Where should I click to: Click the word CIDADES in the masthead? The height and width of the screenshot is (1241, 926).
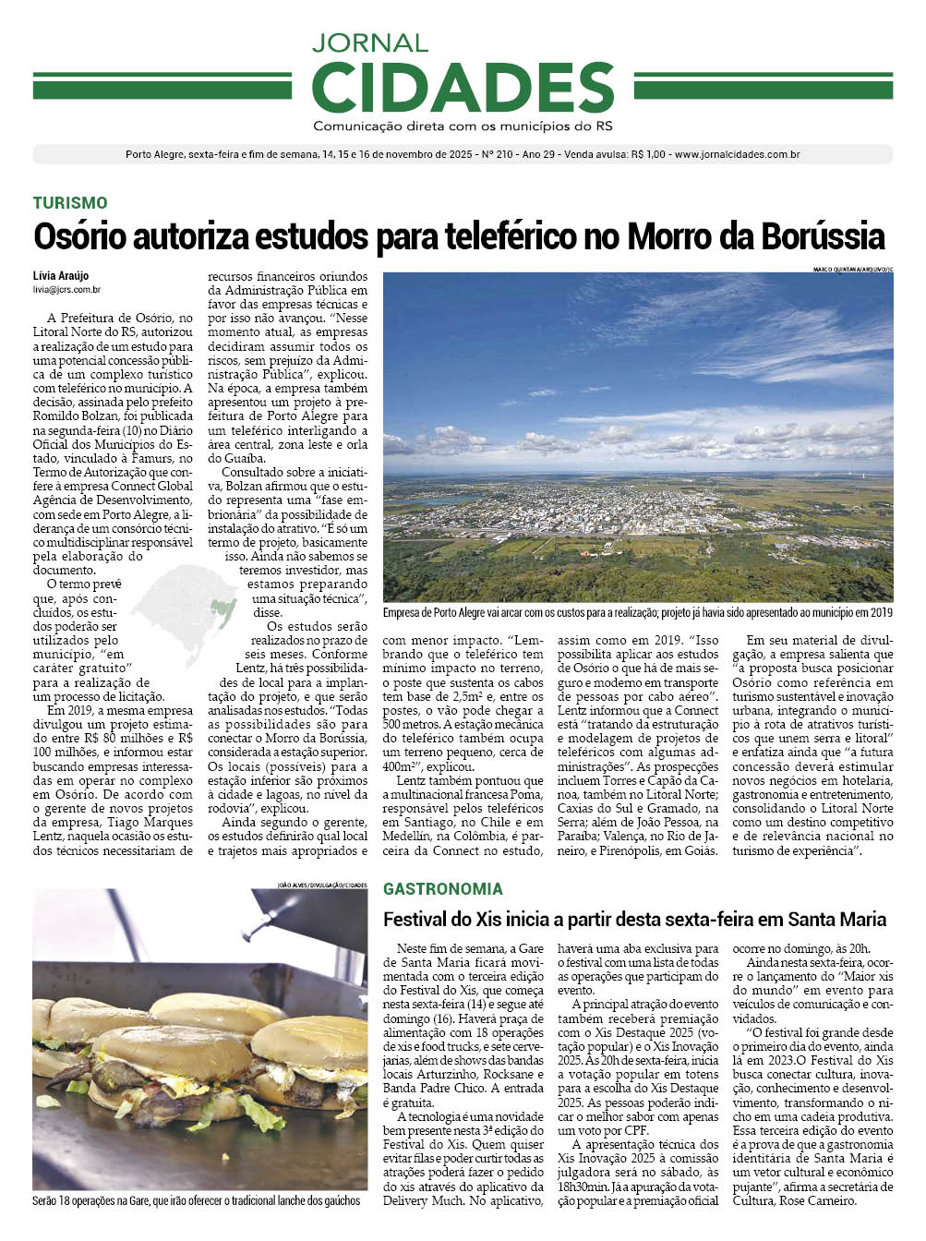(463, 87)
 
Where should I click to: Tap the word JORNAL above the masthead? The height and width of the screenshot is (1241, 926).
(369, 42)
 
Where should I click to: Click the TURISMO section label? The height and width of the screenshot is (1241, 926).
(70, 203)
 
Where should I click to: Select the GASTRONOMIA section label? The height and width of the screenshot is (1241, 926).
(443, 889)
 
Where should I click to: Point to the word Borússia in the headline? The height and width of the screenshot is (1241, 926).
(823, 237)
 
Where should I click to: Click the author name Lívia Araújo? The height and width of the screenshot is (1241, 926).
(61, 276)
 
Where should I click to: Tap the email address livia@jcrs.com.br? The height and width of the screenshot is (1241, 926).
(66, 290)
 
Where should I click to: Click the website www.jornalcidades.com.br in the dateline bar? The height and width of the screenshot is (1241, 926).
(737, 154)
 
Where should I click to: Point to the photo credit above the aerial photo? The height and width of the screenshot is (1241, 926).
(853, 269)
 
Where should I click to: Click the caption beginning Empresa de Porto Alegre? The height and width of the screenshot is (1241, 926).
(637, 612)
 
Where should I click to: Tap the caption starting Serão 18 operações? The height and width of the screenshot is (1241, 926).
(196, 1201)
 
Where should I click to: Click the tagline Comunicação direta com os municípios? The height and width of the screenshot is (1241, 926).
(463, 126)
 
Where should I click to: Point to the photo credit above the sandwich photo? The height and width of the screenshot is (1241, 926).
(321, 885)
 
